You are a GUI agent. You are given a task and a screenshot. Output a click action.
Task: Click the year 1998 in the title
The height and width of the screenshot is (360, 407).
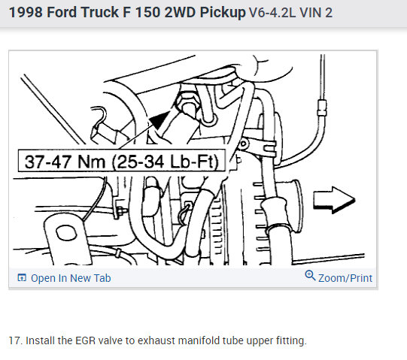(26, 12)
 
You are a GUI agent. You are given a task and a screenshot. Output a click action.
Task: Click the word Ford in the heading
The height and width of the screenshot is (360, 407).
(62, 12)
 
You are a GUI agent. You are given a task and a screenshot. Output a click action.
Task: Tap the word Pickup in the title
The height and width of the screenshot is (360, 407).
(223, 13)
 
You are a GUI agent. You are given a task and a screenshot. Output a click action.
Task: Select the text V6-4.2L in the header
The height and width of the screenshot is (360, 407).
(272, 13)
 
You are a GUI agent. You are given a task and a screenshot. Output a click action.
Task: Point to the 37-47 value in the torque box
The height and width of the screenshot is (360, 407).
(47, 162)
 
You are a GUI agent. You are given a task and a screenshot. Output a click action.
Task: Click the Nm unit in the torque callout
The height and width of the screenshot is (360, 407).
(91, 162)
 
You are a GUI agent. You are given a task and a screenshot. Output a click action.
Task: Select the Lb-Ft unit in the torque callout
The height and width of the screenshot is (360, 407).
(194, 162)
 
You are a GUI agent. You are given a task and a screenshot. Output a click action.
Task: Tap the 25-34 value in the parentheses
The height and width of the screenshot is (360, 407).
(141, 162)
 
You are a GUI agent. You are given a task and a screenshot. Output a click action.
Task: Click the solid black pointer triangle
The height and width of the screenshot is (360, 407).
(159, 119)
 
